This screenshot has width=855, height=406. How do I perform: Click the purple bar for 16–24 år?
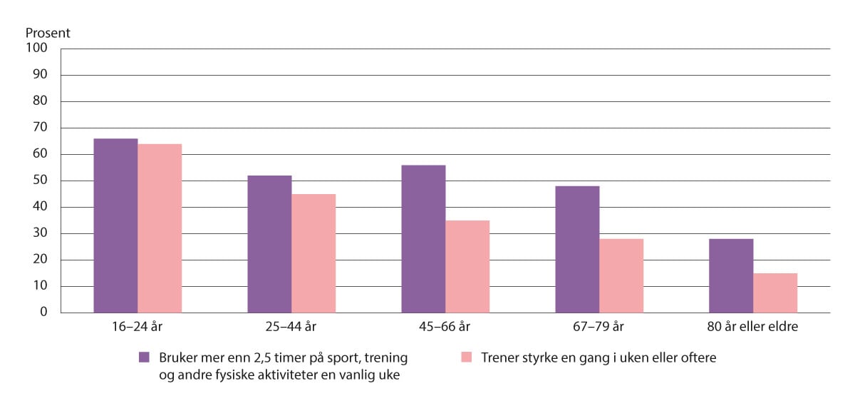pos(115,225)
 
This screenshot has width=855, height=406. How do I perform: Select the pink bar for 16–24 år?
pos(160,228)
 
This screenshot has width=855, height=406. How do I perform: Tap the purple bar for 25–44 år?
pos(269,244)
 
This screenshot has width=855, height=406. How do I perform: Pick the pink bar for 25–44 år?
pos(313,253)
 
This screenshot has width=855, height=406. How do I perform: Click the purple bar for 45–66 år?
pos(423,239)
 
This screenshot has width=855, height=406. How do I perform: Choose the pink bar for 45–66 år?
pos(467,267)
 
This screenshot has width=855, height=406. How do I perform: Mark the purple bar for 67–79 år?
pos(577,250)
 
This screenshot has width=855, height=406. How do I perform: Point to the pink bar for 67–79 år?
pos(621,275)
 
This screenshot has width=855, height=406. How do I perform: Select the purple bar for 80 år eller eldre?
pos(731,275)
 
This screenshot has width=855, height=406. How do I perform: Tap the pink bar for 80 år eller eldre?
pos(775,293)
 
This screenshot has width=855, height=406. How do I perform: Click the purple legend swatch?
pos(145,357)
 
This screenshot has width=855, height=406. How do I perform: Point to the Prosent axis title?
pos(48,33)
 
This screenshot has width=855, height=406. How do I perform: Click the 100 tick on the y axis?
pos(37,49)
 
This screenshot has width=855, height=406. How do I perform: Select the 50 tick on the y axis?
pos(40,181)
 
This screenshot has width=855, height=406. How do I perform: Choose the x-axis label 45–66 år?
pos(445,328)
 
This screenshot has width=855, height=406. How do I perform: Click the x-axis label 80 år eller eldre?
pos(753,328)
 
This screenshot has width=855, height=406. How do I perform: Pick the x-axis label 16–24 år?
pos(138,328)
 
